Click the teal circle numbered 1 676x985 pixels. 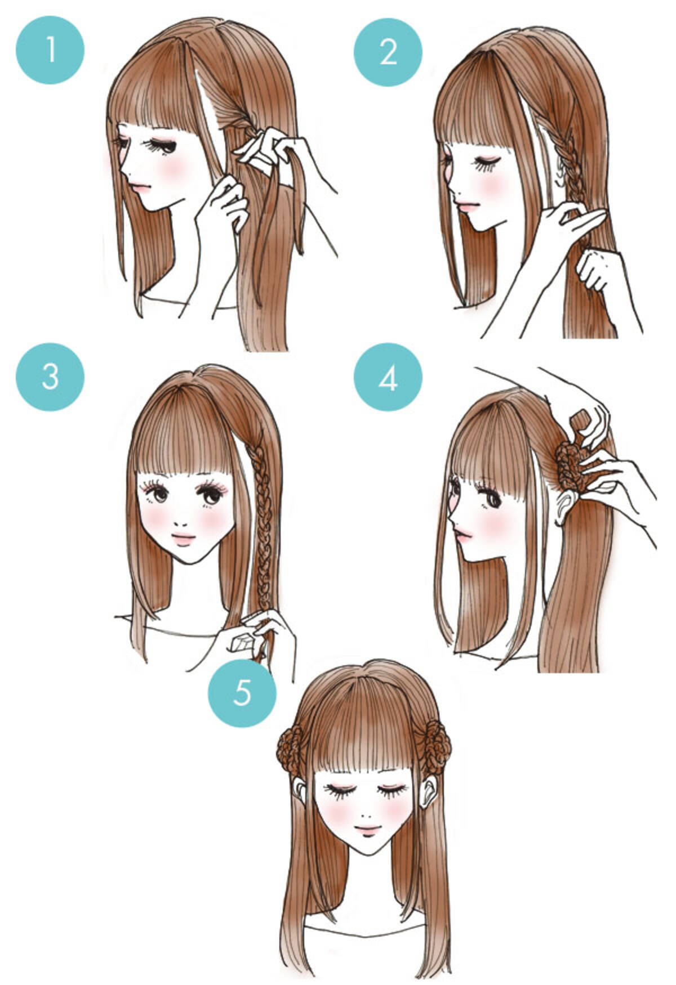50,50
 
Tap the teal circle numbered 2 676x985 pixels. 388,53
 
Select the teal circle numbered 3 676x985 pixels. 50,377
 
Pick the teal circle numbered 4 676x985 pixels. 388,378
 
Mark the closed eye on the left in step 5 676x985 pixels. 341,789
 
